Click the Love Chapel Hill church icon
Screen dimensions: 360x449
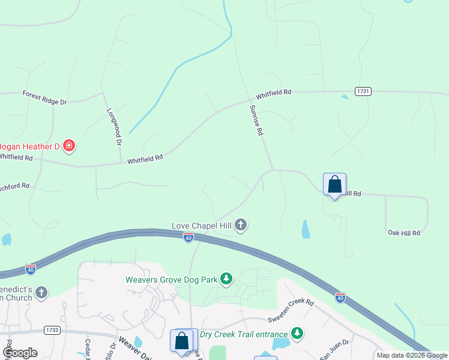point(241,225)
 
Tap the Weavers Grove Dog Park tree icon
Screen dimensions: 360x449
point(226,279)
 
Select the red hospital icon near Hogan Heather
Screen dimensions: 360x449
point(70,145)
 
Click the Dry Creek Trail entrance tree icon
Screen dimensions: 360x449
point(297,333)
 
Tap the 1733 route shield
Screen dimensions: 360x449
point(52,330)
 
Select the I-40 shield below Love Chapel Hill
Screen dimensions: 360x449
point(188,238)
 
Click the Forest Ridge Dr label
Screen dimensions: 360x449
point(44,97)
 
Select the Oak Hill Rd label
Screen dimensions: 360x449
point(403,232)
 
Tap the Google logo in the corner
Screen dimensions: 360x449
point(20,353)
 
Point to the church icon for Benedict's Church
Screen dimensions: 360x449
point(41,292)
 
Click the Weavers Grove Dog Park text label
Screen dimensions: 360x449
point(170,279)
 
